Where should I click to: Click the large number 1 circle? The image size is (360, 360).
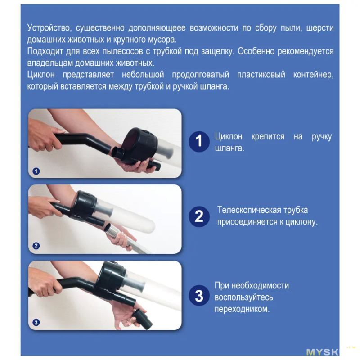[199, 142]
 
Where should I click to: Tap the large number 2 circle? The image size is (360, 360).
[199, 217]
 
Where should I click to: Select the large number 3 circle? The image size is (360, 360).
[199, 296]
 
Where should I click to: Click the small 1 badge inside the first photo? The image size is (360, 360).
[36, 171]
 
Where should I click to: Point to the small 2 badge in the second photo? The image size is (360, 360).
[36, 246]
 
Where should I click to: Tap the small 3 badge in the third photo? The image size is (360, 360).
[36, 322]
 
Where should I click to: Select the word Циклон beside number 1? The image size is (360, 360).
[229, 137]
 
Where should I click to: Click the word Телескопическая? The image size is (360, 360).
[249, 210]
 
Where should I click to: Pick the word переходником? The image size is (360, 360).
[242, 309]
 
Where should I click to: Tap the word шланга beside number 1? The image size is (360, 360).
[229, 148]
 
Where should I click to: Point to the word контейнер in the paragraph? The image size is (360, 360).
[313, 75]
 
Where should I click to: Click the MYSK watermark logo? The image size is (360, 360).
[322, 352]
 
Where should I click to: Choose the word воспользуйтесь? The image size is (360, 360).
[244, 297]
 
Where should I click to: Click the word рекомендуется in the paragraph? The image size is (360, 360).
[306, 51]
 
